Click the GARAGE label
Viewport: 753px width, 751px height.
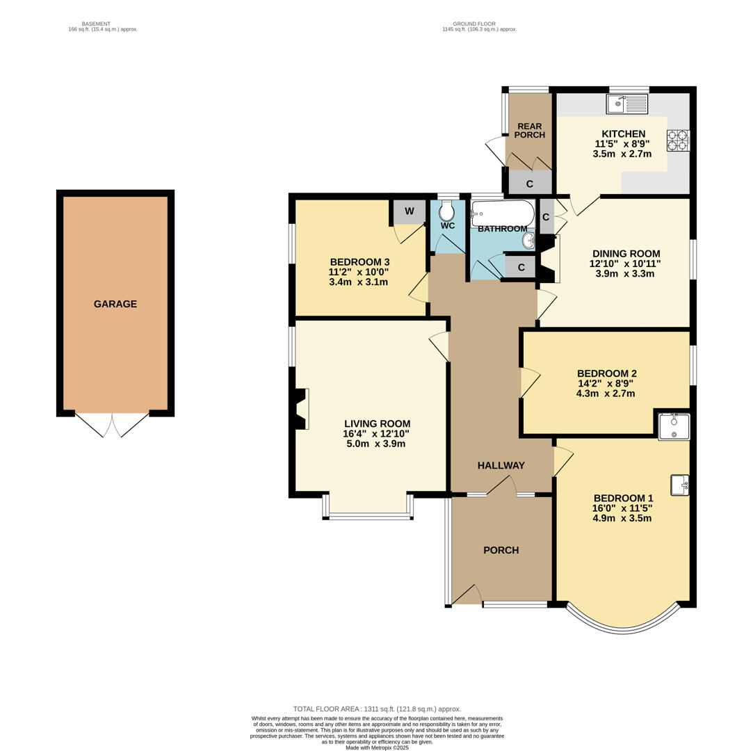(115, 304)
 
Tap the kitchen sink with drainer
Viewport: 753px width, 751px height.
(627, 104)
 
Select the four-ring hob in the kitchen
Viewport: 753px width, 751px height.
(678, 140)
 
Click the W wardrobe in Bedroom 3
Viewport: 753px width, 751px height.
(410, 212)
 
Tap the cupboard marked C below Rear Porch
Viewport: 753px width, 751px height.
(530, 183)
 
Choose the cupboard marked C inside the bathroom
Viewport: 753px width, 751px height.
(521, 268)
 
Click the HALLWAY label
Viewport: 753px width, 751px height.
(501, 465)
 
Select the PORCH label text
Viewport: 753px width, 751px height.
(501, 550)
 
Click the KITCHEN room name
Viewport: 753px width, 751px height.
(624, 134)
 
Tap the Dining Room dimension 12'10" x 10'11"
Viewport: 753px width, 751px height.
(625, 264)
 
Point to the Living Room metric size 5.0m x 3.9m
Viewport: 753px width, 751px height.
(376, 444)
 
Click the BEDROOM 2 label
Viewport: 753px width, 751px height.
(607, 373)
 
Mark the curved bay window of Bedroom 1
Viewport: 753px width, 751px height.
(624, 627)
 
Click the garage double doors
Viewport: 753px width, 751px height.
(112, 424)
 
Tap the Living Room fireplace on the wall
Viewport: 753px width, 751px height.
(300, 409)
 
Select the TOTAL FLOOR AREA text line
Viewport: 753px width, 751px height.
(377, 709)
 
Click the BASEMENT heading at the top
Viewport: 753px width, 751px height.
(96, 24)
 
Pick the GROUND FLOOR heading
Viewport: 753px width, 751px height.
(474, 24)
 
